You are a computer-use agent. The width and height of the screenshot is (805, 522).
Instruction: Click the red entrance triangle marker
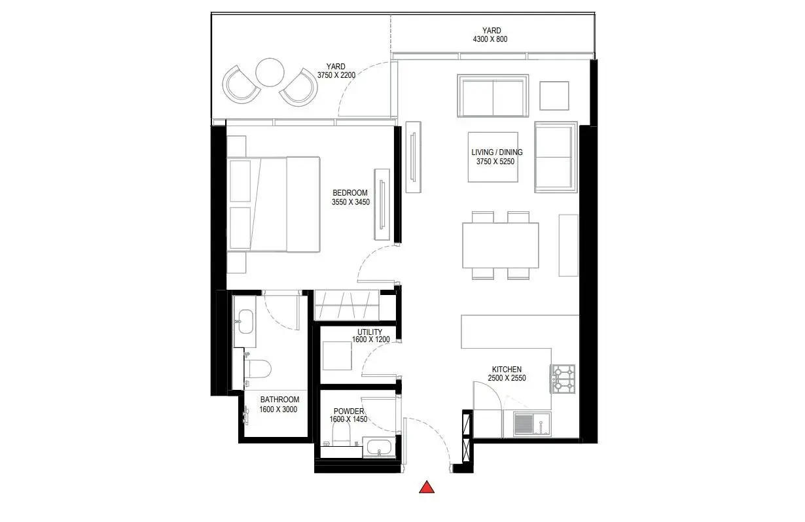click(427, 487)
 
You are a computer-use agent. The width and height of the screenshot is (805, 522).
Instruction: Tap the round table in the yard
click(270, 72)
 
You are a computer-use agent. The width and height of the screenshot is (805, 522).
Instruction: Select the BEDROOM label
click(350, 193)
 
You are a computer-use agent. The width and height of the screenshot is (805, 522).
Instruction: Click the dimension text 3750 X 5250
click(495, 162)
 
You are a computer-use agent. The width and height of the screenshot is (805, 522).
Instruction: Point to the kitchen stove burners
click(563, 379)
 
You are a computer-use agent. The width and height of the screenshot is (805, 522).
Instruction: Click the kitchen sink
click(532, 424)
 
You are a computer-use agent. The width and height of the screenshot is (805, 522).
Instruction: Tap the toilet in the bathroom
click(257, 369)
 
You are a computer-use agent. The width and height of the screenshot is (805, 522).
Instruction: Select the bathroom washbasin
click(245, 322)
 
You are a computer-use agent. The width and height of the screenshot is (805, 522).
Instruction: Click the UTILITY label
click(369, 332)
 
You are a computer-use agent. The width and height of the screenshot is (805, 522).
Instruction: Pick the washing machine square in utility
click(337, 356)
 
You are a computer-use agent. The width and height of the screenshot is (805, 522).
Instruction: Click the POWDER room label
click(349, 411)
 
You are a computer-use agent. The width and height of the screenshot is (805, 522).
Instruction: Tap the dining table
click(501, 245)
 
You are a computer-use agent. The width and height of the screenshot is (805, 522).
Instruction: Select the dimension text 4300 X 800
click(490, 39)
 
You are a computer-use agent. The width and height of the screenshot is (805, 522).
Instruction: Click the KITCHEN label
click(507, 370)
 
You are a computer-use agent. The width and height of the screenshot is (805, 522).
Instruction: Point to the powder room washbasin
click(379, 447)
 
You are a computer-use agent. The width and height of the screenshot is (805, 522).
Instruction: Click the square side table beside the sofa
click(554, 96)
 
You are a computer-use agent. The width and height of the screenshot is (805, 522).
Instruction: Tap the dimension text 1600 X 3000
click(278, 409)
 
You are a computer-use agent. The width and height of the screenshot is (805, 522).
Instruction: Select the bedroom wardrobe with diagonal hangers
click(347, 305)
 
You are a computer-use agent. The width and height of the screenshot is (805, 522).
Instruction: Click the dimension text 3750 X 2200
click(336, 75)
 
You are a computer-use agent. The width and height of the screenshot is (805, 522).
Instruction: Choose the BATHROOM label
click(279, 400)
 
